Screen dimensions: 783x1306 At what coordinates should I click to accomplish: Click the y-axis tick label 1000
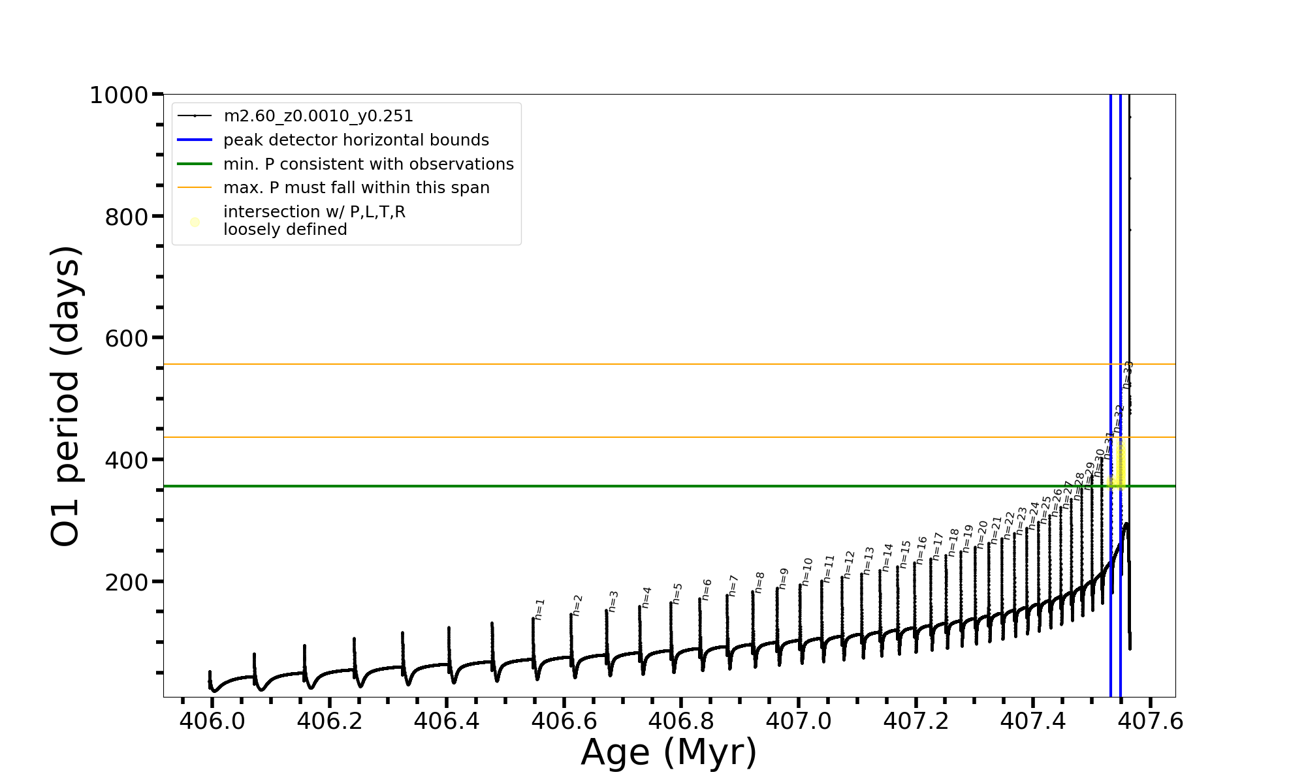point(118,96)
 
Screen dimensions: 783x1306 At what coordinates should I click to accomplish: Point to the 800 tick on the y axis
point(127,217)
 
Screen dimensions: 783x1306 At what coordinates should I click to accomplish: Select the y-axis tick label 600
point(127,339)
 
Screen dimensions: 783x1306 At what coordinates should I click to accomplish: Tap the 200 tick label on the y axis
point(127,582)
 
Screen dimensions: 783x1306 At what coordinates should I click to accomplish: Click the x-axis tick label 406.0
point(212,722)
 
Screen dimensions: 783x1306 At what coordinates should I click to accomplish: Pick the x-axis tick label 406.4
point(446,722)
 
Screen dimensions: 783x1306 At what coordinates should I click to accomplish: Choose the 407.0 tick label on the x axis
point(798,722)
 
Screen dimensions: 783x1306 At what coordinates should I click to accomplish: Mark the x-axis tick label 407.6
point(1150,722)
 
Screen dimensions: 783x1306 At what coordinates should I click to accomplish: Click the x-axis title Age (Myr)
point(669,752)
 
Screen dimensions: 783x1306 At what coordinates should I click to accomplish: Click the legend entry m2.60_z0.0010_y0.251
point(318,116)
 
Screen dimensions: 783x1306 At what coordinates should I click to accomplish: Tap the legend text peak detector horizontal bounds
point(356,140)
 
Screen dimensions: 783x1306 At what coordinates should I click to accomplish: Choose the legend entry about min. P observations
point(368,164)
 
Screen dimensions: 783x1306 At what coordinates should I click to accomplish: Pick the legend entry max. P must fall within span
point(356,188)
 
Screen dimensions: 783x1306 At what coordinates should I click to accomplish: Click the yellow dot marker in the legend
point(195,223)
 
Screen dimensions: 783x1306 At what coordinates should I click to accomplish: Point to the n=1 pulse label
point(539,609)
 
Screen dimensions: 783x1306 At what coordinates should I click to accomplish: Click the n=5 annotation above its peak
point(677,594)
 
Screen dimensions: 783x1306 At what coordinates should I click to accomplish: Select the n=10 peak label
point(807,572)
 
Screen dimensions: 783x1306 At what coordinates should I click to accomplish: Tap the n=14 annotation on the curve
point(887,557)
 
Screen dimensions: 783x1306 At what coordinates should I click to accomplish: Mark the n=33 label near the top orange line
point(1128,375)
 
